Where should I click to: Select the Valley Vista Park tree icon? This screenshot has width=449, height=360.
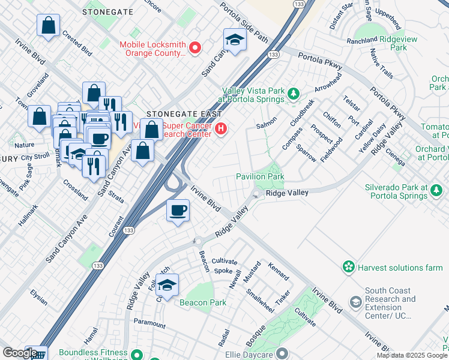(x=294, y=93)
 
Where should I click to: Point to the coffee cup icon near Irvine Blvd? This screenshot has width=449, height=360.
(x=178, y=211)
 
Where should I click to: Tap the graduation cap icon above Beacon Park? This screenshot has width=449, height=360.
(x=169, y=284)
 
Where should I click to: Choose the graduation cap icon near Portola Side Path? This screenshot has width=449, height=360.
(x=235, y=40)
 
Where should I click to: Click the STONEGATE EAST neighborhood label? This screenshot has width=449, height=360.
(x=184, y=114)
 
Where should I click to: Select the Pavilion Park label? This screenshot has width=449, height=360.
(x=259, y=177)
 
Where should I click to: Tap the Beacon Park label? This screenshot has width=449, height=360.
(x=203, y=302)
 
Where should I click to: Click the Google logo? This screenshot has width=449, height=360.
(x=20, y=353)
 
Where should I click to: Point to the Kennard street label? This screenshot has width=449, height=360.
(x=279, y=271)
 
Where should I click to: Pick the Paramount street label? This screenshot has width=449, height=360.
(x=149, y=323)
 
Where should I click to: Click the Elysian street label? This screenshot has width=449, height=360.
(x=38, y=297)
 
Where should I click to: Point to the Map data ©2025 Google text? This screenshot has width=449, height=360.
(x=412, y=355)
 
